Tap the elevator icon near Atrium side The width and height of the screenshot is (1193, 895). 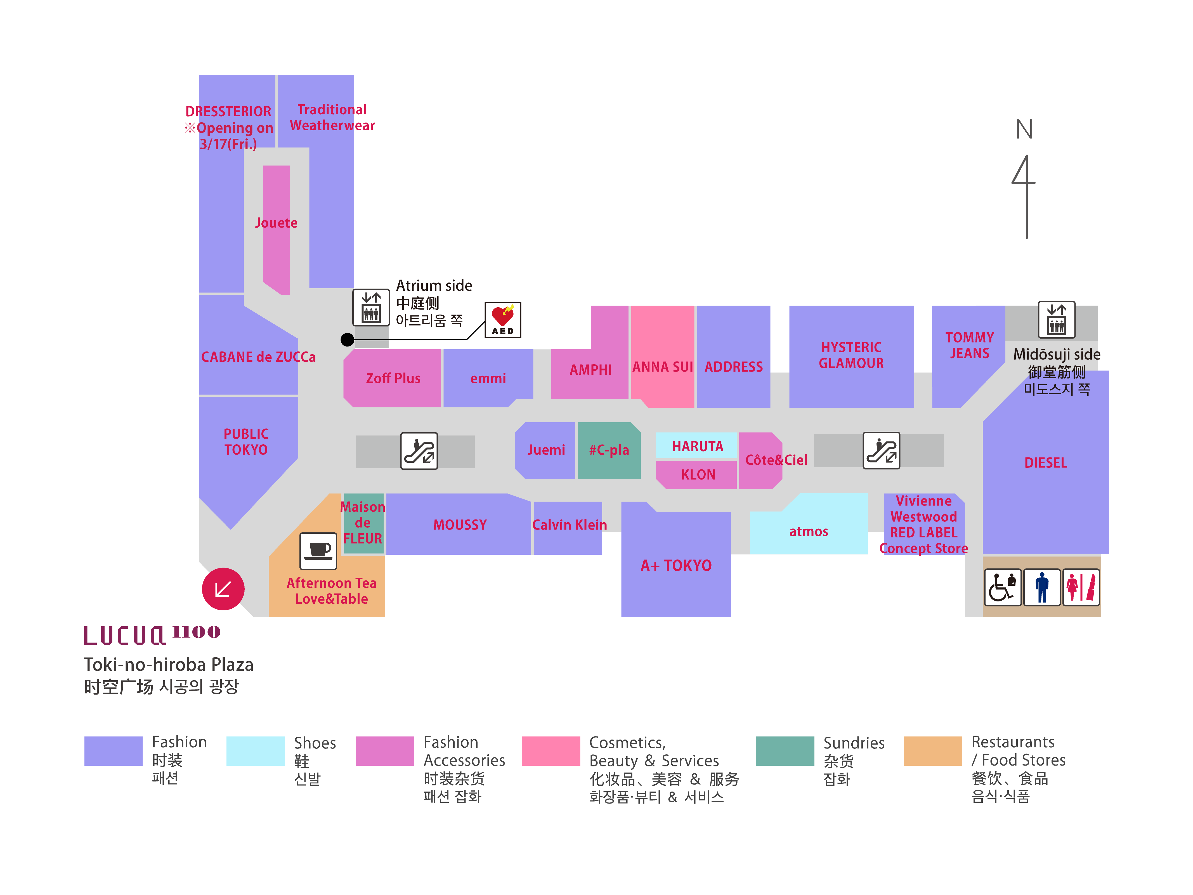tap(371, 307)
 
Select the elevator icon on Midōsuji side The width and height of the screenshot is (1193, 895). tap(1057, 319)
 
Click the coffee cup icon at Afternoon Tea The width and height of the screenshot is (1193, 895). tap(318, 551)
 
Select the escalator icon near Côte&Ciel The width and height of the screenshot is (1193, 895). tap(881, 450)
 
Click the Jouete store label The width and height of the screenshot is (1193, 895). tap(276, 223)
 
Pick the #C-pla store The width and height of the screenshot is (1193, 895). tap(609, 450)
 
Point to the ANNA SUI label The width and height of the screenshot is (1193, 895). tap(662, 367)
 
